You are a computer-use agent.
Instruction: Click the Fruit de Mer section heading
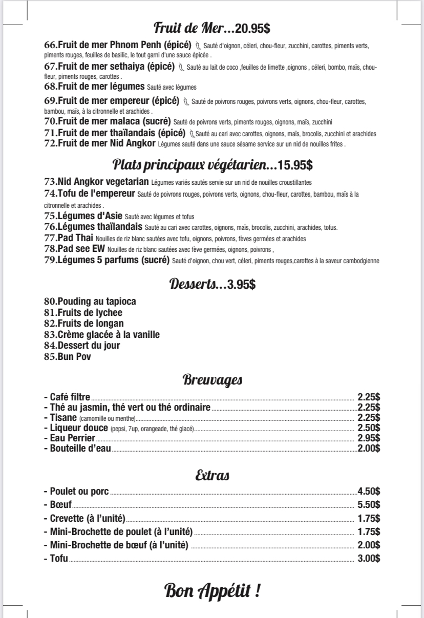click(x=194, y=27)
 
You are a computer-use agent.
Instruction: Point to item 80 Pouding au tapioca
click(x=90, y=301)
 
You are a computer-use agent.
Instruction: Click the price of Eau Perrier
click(x=368, y=438)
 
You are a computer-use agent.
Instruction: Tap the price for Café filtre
click(x=368, y=396)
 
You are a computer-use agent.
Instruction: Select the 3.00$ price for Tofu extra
click(x=368, y=559)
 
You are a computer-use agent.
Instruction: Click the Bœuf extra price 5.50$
click(x=368, y=504)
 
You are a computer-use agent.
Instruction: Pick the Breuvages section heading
click(x=212, y=380)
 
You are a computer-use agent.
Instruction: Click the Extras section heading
click(x=212, y=476)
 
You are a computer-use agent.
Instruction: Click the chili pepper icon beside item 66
click(x=199, y=46)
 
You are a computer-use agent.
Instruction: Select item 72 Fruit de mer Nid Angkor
click(x=100, y=144)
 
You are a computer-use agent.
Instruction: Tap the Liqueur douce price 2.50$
click(x=368, y=428)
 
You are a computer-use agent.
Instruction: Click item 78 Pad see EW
click(x=75, y=249)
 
